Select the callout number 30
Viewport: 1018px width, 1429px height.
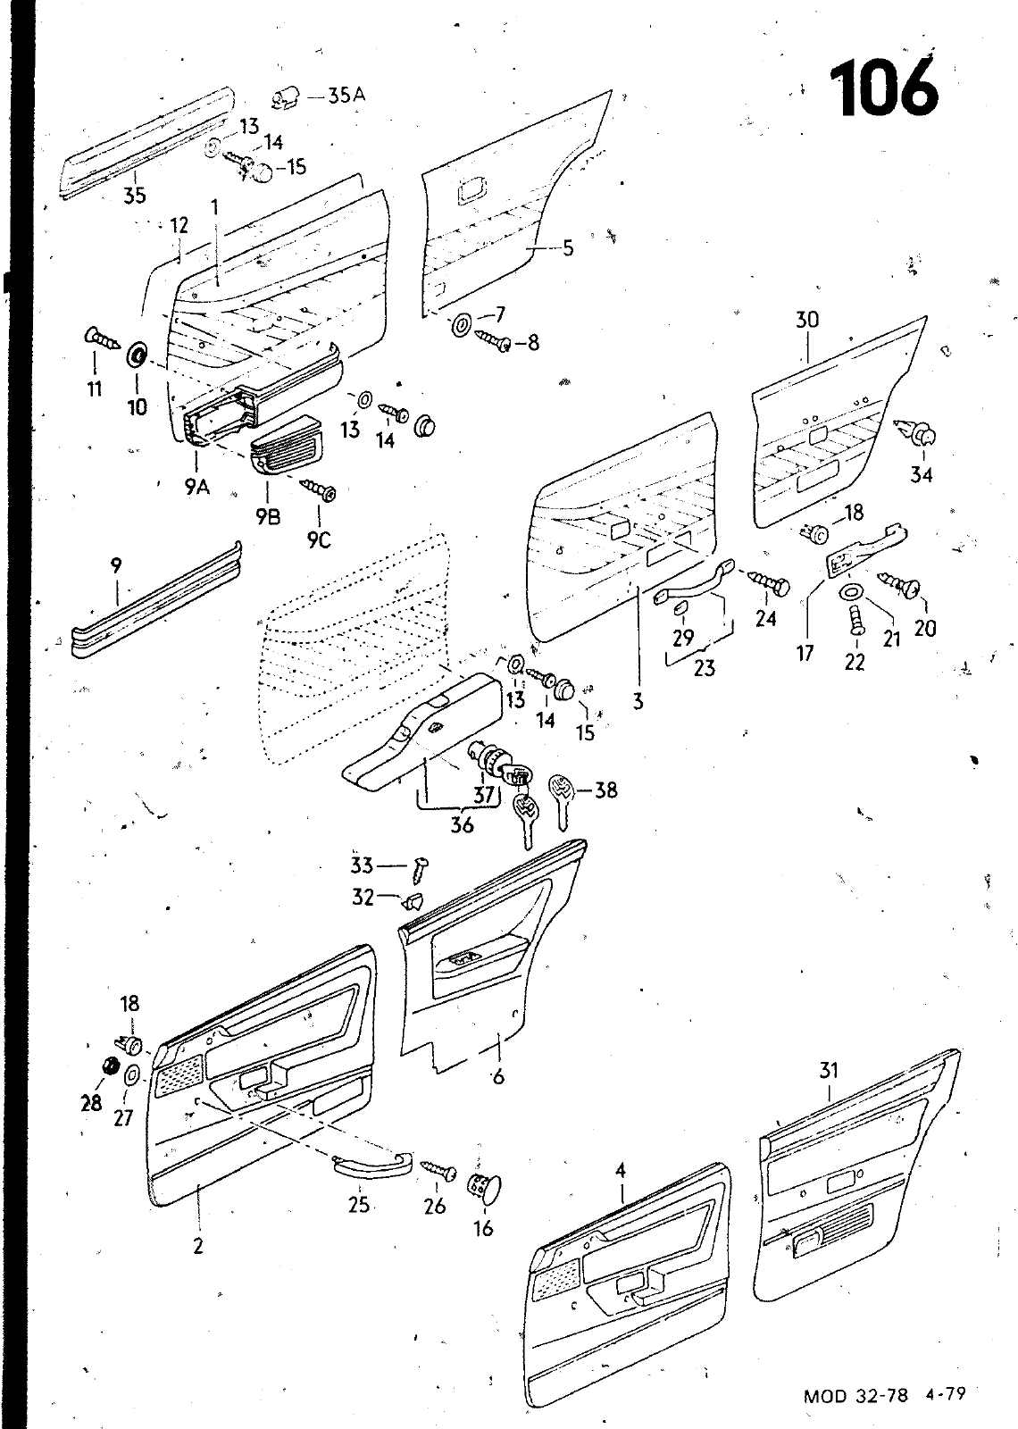pos(806,320)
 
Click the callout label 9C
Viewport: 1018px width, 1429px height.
pos(319,540)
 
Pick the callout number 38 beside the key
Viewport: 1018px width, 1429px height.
pos(605,790)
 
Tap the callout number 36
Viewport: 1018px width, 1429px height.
pos(462,824)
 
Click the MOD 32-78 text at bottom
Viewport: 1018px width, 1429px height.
pos(855,1396)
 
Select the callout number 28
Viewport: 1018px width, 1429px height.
pos(91,1103)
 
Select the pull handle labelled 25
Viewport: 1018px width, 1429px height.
pos(372,1164)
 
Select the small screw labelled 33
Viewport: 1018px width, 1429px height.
pos(422,865)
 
